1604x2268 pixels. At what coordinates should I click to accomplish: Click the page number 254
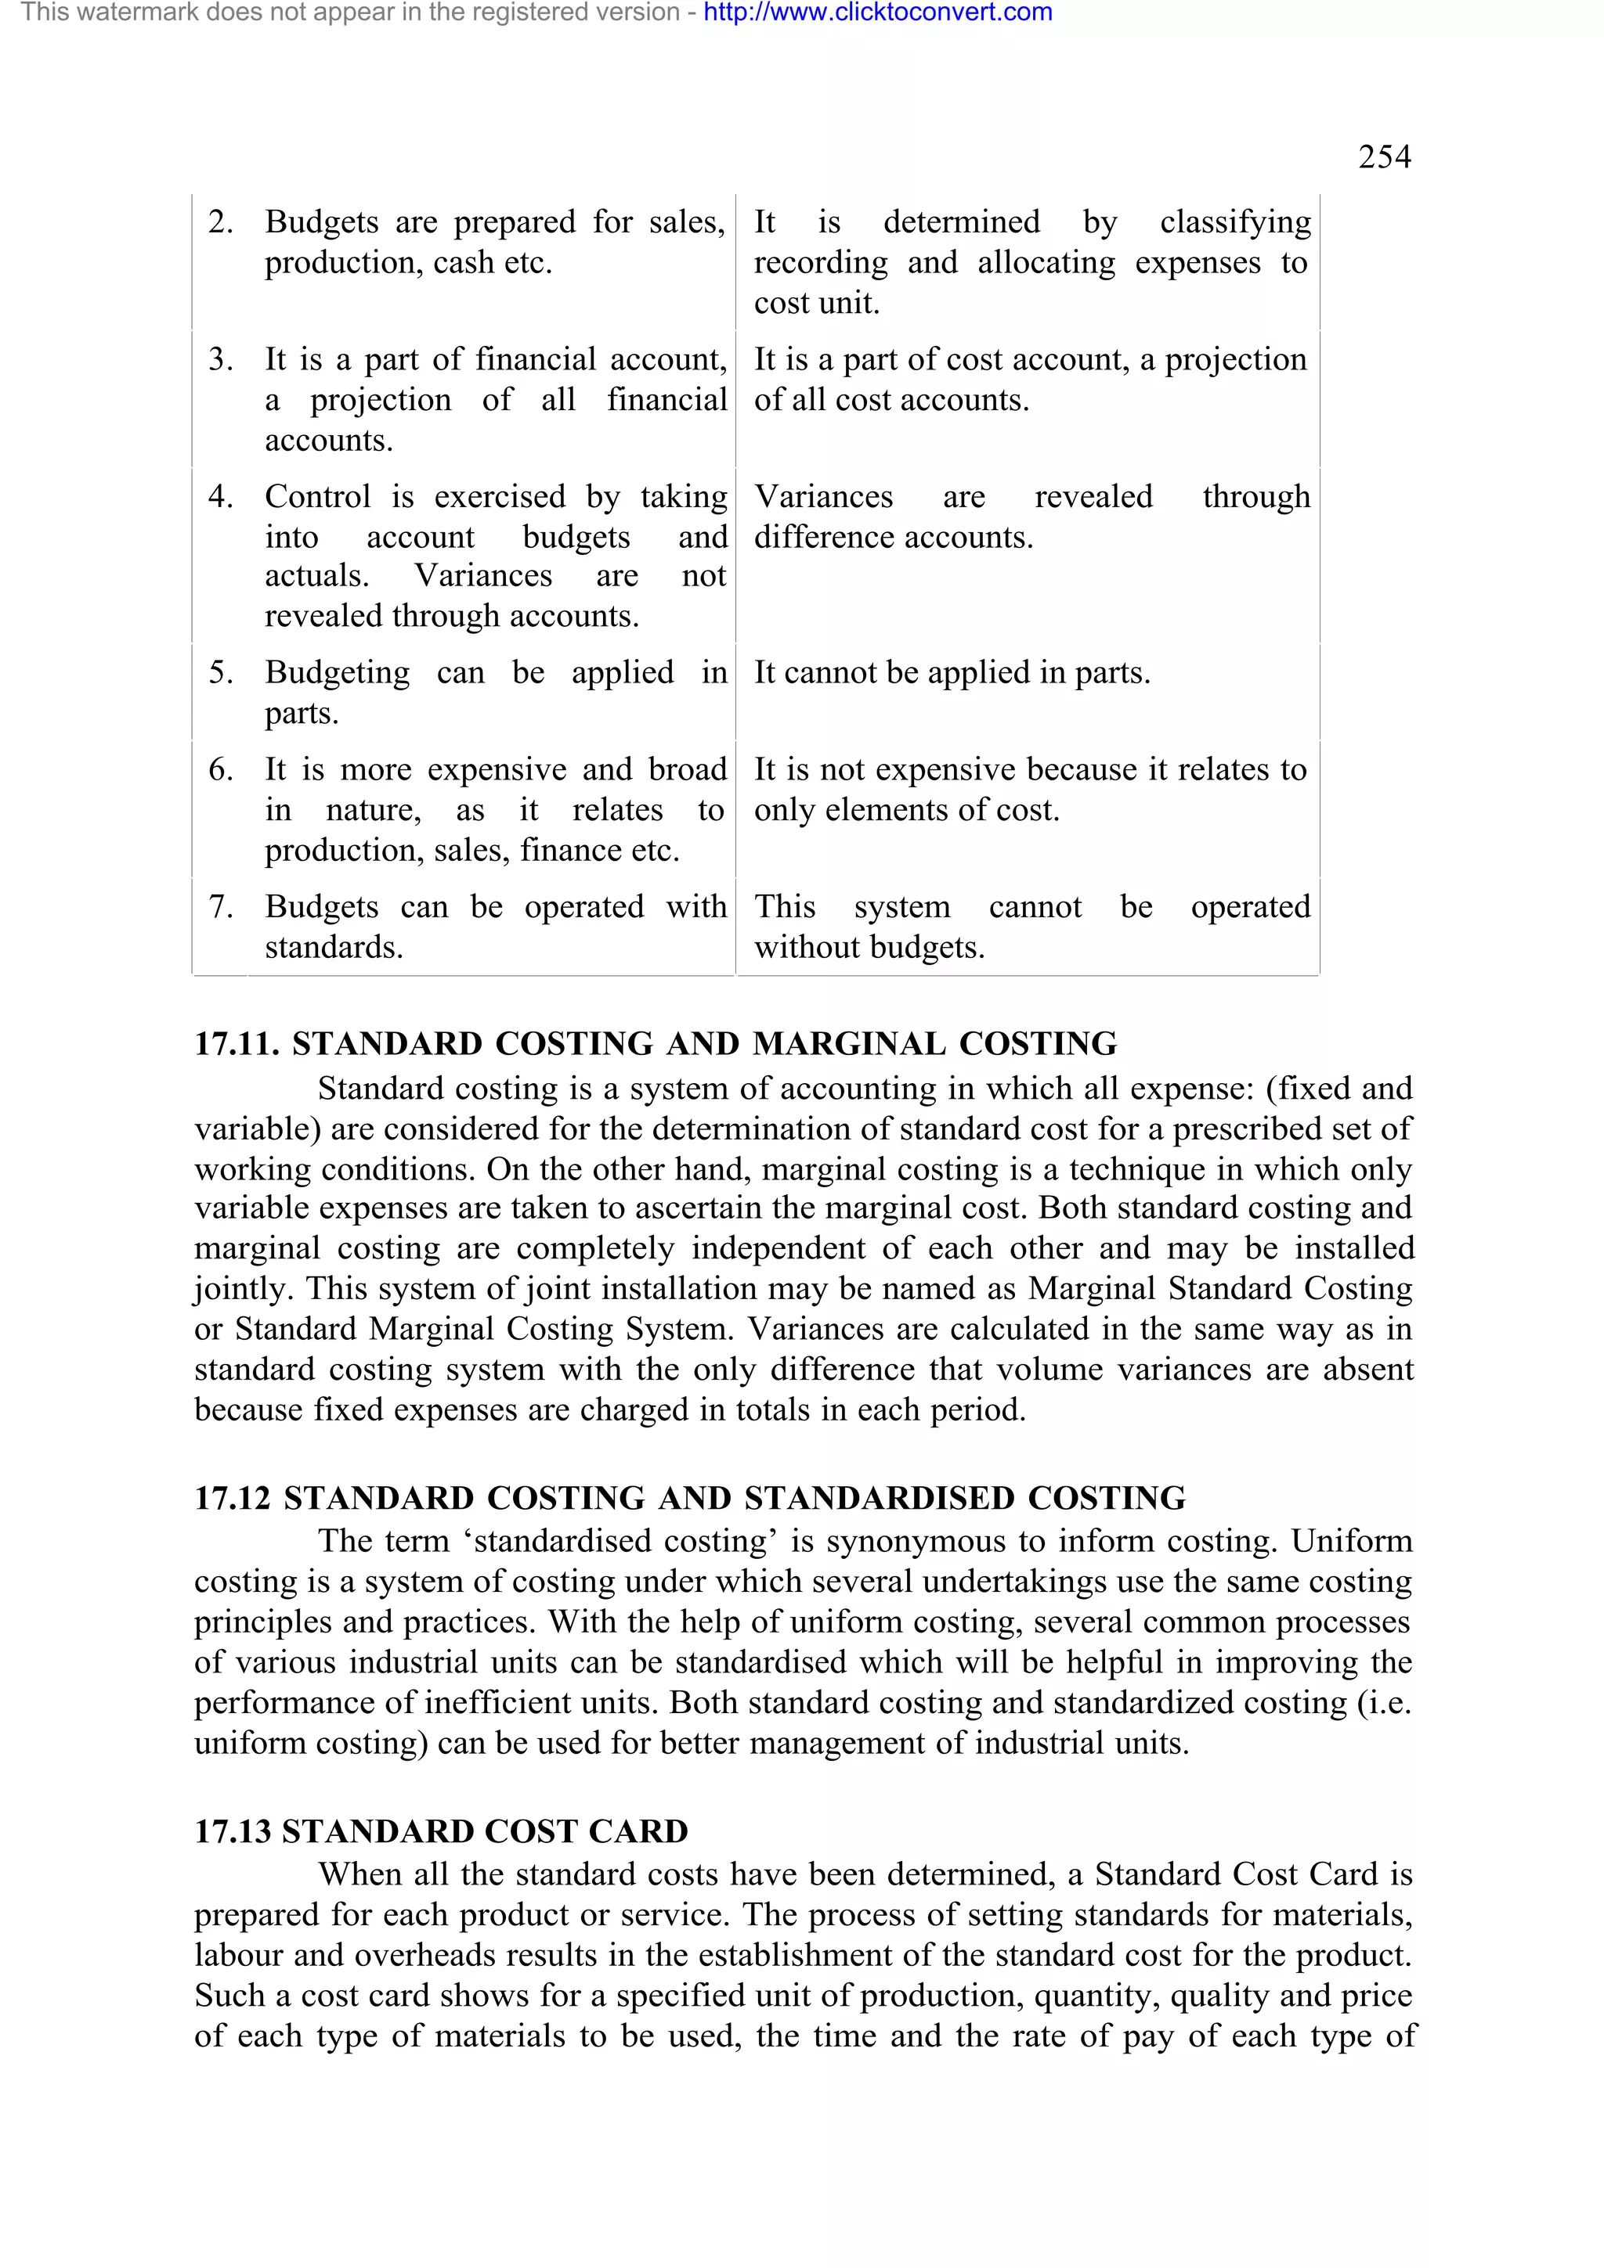click(x=1384, y=157)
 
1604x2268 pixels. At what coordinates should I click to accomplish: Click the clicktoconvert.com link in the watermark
click(x=878, y=13)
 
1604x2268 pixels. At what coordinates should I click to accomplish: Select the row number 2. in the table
click(x=220, y=222)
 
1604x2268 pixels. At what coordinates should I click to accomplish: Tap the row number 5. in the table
click(x=220, y=673)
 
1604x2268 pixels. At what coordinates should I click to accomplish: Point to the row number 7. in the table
click(x=220, y=907)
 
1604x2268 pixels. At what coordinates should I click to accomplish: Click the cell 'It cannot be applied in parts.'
click(x=952, y=673)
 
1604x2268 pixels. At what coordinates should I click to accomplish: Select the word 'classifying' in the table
click(x=1234, y=222)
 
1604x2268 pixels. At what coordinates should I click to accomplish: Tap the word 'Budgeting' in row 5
click(x=336, y=673)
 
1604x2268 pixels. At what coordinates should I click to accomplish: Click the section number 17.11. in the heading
click(x=237, y=1043)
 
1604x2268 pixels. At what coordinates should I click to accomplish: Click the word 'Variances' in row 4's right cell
click(x=823, y=496)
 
